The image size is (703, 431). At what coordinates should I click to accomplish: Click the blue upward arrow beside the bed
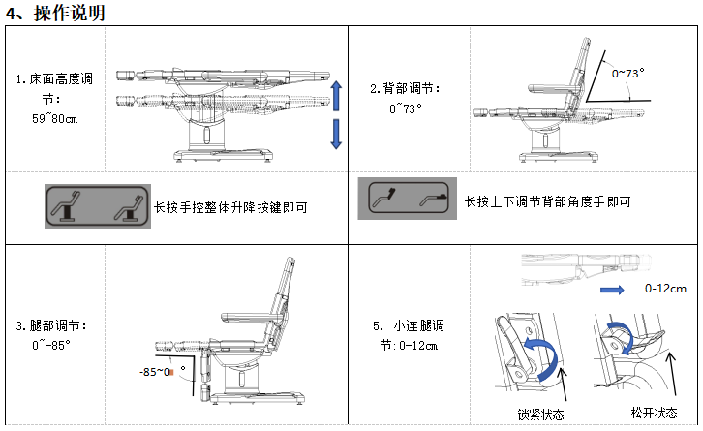pyautogui.click(x=337, y=98)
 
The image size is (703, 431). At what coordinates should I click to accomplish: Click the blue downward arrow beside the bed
pyautogui.click(x=337, y=134)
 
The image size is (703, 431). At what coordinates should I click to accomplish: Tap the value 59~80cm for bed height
pyautogui.click(x=54, y=118)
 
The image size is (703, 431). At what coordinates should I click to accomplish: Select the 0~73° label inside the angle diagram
pyautogui.click(x=627, y=73)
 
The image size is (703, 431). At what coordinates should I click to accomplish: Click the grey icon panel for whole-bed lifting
pyautogui.click(x=95, y=206)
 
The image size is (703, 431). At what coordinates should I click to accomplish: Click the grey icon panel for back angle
pyautogui.click(x=405, y=201)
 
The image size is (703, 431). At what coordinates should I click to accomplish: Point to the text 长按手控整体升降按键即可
pyautogui.click(x=236, y=207)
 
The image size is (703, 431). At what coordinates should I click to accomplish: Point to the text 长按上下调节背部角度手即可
pyautogui.click(x=547, y=201)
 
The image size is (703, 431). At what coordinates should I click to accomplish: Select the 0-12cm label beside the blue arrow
pyautogui.click(x=665, y=289)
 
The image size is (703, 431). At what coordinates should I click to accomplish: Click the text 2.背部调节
pyautogui.click(x=405, y=88)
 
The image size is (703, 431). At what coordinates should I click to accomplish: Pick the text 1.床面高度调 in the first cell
pyautogui.click(x=54, y=78)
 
